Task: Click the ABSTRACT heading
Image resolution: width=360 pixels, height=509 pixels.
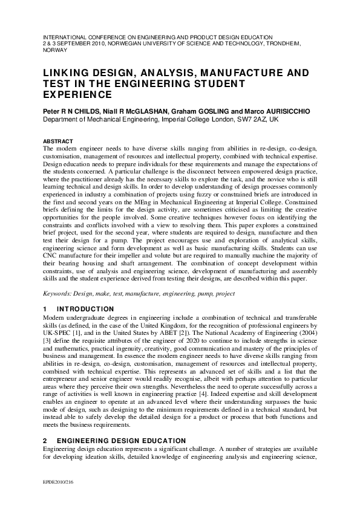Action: pyautogui.click(x=57, y=141)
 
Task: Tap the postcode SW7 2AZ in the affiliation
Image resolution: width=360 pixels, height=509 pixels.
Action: pyautogui.click(x=252, y=120)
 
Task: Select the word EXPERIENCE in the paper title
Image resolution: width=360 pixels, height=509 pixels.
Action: pyautogui.click(x=77, y=95)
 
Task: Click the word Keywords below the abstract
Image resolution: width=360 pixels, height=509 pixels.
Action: pyautogui.click(x=57, y=294)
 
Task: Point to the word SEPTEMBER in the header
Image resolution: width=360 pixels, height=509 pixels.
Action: pyautogui.click(x=72, y=44)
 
